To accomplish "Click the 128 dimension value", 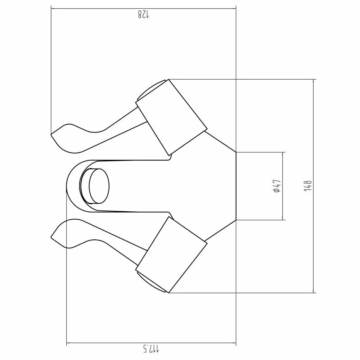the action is pyautogui.click(x=144, y=14).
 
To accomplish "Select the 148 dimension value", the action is pyautogui.click(x=308, y=186).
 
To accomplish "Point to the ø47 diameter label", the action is pyautogui.click(x=277, y=186).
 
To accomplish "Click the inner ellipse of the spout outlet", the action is pyautogui.click(x=99, y=186).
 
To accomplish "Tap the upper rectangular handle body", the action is pyautogui.click(x=171, y=117).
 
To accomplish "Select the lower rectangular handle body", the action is pyautogui.click(x=171, y=255).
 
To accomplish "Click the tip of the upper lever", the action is pyautogui.click(x=51, y=134).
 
